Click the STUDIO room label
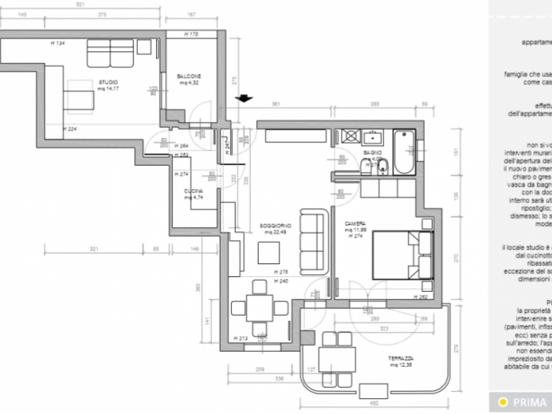pyautogui.click(x=108, y=82)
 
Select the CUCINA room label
pyautogui.click(x=194, y=192)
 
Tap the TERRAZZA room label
pyautogui.click(x=399, y=381)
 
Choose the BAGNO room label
pyautogui.click(x=372, y=151)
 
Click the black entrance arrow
pyautogui.click(x=244, y=99)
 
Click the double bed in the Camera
pyautogui.click(x=402, y=254)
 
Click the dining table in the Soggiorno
pyautogui.click(x=258, y=305)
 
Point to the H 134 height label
pyautogui.click(x=57, y=43)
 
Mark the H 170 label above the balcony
pyautogui.click(x=190, y=34)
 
